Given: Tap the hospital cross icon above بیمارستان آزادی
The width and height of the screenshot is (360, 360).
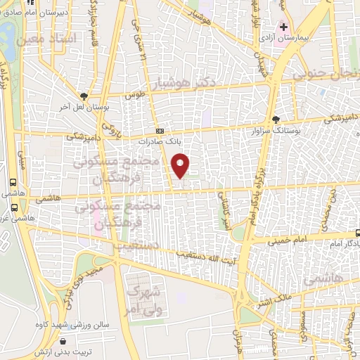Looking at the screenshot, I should coord(283,27).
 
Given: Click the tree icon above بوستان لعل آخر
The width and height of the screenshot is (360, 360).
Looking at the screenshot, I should coord(84,97).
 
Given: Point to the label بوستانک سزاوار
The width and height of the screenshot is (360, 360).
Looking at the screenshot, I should coord(294,131).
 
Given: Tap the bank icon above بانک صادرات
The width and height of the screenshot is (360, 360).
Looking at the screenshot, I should coord(160,131).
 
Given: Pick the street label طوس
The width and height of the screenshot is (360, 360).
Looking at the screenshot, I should coord(135,95).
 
